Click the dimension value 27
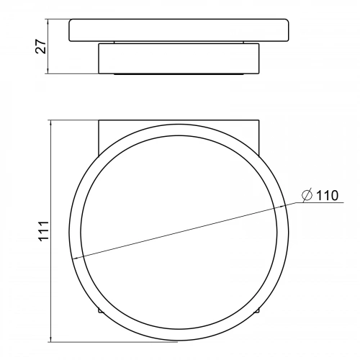coord(40,46)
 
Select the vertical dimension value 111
coord(44,231)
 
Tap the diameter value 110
coord(328,196)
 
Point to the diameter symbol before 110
coord(307,195)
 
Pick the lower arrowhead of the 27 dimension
coord(48,71)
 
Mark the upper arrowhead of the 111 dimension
coord(50,123)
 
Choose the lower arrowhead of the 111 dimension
coord(50,339)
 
